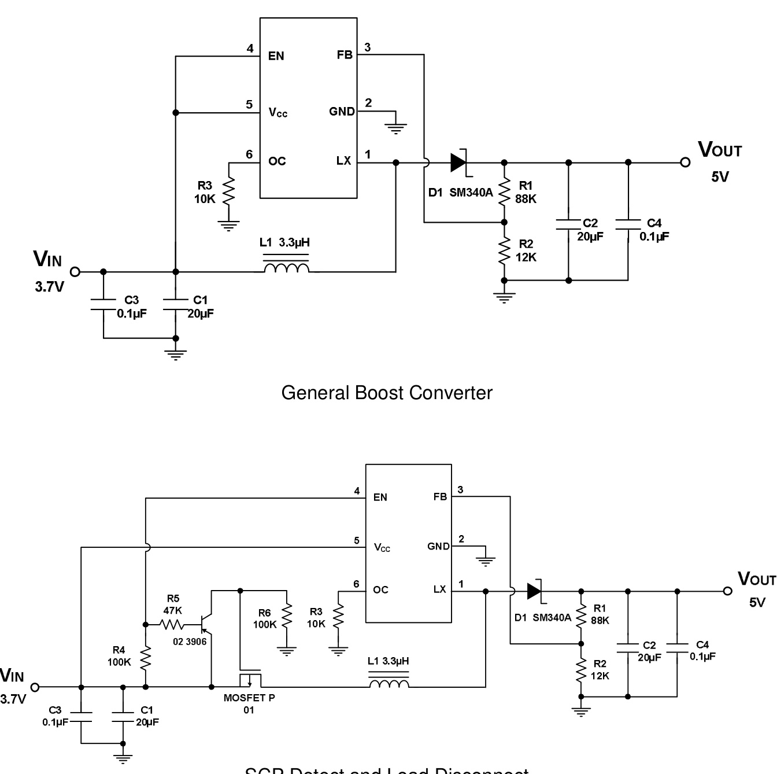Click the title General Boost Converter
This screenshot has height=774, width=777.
387,393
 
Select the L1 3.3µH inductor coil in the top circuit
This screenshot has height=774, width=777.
286,268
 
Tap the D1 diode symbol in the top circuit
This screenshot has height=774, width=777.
460,163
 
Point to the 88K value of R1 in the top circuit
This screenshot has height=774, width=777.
526,199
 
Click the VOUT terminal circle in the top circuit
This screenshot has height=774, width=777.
685,163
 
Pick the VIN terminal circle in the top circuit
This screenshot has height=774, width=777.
75,271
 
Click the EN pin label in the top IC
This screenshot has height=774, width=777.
276,56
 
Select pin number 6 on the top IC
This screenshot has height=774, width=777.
249,154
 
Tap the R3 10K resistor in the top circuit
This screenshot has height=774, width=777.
229,191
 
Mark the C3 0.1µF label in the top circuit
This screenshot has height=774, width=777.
132,307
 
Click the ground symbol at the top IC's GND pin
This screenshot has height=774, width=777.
395,128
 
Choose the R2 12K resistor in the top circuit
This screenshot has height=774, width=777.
504,250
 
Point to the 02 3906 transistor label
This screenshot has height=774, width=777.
190,642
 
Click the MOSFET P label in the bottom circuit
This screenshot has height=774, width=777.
249,698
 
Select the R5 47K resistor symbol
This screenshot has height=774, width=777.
172,624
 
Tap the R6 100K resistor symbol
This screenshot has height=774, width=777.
286,618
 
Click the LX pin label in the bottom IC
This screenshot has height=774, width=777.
439,589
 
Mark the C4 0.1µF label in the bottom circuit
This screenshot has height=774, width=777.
702,651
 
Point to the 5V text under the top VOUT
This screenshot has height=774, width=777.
720,177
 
